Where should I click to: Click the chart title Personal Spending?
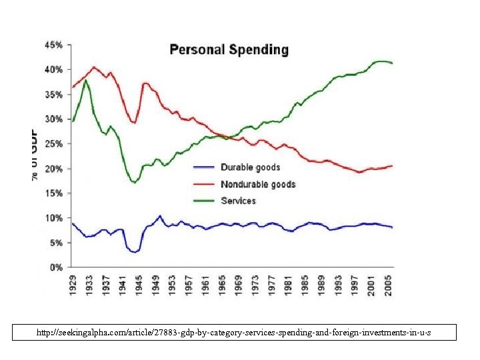click(x=229, y=50)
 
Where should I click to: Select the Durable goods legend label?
click(x=250, y=167)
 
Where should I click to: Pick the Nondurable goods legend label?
click(x=258, y=184)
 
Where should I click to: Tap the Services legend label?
click(x=238, y=201)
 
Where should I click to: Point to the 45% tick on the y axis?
click(x=54, y=45)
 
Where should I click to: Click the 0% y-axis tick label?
click(x=57, y=267)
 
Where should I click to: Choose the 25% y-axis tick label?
click(x=54, y=144)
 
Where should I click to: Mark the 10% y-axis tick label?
click(x=54, y=218)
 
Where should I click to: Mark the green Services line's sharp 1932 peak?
click(x=85, y=80)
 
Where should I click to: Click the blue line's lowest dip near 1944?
click(x=135, y=252)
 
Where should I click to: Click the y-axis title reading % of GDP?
click(x=34, y=153)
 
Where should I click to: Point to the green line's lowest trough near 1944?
click(x=135, y=182)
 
